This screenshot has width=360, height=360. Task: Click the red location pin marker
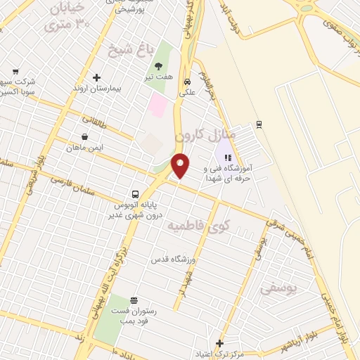[181, 165]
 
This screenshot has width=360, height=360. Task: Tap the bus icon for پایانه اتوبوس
[134, 194]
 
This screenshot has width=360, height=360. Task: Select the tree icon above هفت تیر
[158, 65]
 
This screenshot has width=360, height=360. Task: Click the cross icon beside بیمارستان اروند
[96, 77]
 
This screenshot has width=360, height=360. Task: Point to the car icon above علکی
[187, 80]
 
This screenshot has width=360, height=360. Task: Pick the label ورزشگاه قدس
[173, 259]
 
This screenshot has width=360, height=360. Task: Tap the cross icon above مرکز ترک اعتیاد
[219, 343]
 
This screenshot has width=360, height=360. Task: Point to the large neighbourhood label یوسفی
[278, 288]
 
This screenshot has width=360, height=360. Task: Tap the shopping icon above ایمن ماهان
[85, 136]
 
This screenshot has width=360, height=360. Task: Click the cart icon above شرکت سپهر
[15, 71]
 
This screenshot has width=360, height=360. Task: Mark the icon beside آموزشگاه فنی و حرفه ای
[226, 157]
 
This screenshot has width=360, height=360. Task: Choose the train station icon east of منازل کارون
[259, 124]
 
